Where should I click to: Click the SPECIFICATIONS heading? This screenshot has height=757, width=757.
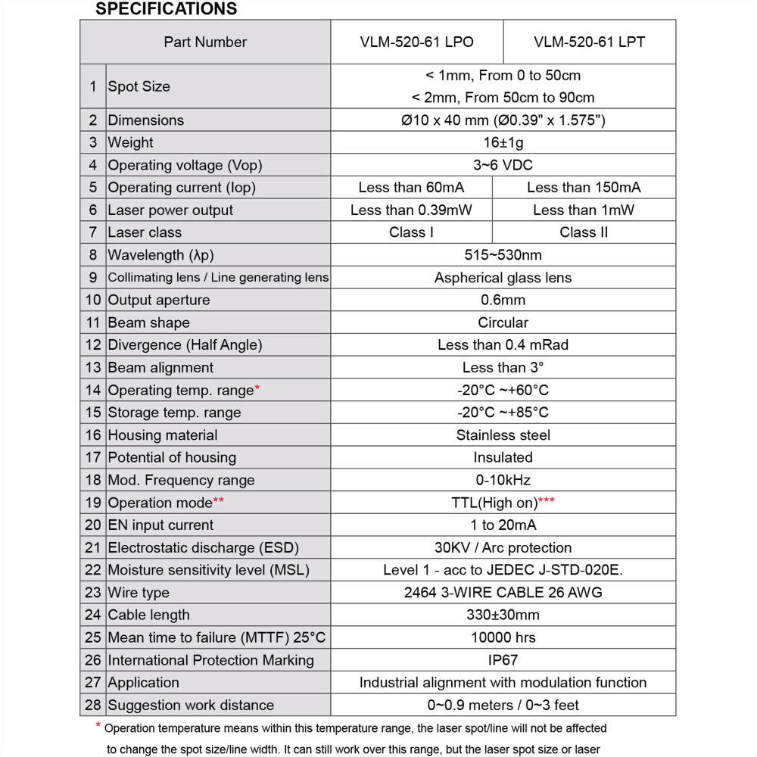click(166, 9)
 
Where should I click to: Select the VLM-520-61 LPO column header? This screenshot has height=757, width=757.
click(416, 42)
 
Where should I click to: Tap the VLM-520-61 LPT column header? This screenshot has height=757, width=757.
click(589, 42)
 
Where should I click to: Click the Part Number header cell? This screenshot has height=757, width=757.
click(205, 42)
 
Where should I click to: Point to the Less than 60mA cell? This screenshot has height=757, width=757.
click(411, 188)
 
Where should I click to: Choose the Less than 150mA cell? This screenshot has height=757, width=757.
click(584, 188)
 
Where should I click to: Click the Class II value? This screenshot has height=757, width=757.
click(584, 232)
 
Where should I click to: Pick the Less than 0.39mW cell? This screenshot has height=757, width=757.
click(411, 210)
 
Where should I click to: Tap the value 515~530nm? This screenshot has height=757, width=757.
click(503, 255)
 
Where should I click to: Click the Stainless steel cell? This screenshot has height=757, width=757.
click(503, 435)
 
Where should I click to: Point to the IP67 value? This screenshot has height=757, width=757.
click(503, 660)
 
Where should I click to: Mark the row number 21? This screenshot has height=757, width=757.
click(92, 547)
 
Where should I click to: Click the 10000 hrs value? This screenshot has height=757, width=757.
click(503, 637)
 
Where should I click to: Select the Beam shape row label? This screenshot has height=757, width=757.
click(148, 322)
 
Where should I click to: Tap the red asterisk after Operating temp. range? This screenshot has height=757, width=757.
click(257, 388)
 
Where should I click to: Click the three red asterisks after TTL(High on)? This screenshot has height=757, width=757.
click(546, 500)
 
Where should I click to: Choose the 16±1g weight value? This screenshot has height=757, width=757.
click(503, 142)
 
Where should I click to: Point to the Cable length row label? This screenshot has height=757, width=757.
click(148, 615)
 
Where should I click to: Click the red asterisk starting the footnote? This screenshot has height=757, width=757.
click(98, 727)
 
